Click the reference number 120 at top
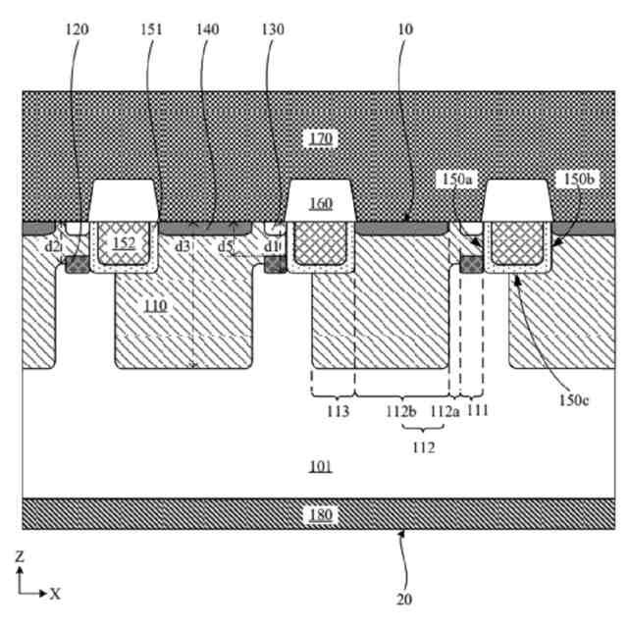click(x=77, y=29)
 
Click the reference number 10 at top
click(x=405, y=29)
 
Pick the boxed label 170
click(x=321, y=138)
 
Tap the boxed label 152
click(x=124, y=242)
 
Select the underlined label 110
click(x=156, y=306)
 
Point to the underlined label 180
click(x=321, y=512)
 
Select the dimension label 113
click(x=335, y=411)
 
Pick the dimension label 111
click(x=478, y=411)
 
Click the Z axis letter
click(x=20, y=556)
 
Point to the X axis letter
click(x=55, y=593)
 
